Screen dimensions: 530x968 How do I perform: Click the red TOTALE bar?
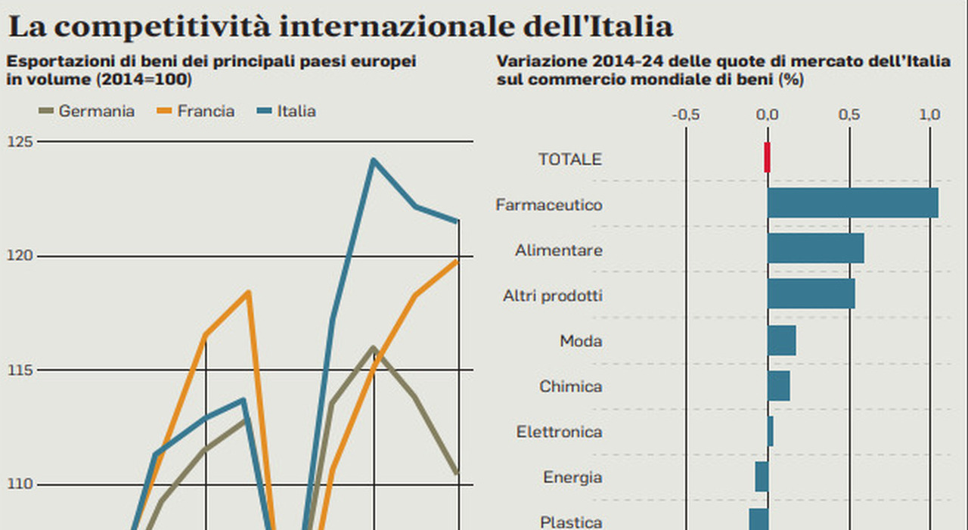[767, 157]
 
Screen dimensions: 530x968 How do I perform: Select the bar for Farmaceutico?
[852, 203]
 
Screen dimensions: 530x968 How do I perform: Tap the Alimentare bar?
[815, 249]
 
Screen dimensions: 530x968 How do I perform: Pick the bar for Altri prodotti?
[811, 294]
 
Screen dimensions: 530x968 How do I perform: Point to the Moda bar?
[781, 340]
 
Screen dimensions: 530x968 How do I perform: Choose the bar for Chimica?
[778, 386]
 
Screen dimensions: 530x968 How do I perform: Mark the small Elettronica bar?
[770, 431]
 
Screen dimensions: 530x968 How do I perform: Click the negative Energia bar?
[762, 476]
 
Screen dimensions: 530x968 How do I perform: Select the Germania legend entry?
[86, 111]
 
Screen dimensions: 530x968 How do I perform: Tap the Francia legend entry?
[196, 111]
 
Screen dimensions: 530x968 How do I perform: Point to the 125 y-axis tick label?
[20, 141]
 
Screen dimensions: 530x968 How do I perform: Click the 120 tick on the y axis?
[20, 256]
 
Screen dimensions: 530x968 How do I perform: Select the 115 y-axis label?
[20, 370]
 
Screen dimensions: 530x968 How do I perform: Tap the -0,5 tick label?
[685, 115]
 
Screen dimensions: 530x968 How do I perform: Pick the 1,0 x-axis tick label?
[929, 115]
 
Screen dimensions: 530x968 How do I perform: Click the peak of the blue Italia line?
[373, 160]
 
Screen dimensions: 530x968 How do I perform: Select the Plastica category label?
[571, 522]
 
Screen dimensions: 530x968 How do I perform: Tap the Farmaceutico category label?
[549, 205]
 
